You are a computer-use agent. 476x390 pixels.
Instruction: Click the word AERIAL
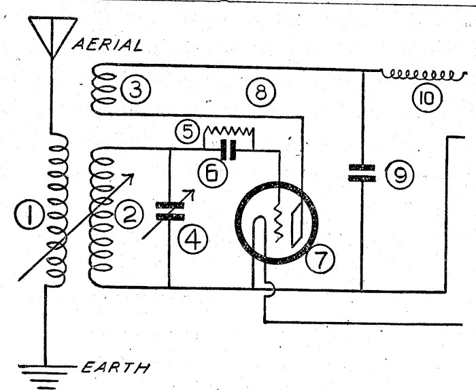107,45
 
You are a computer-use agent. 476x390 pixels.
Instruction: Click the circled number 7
317,257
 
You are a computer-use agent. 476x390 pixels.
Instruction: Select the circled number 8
260,93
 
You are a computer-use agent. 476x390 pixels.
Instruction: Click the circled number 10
427,100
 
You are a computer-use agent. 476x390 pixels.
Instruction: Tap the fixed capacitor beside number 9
362,172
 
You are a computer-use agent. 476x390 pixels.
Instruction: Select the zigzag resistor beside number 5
229,130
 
